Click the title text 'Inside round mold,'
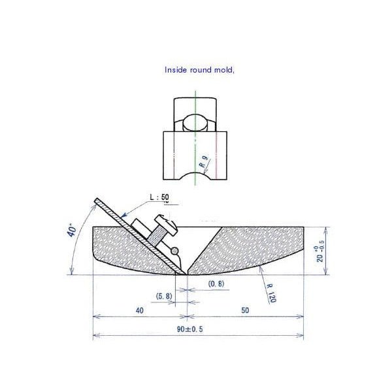pyautogui.click(x=199, y=70)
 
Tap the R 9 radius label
pyautogui.click(x=203, y=161)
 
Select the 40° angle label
pyautogui.click(x=72, y=231)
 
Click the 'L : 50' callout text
pyautogui.click(x=159, y=197)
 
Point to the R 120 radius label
pyautogui.click(x=271, y=293)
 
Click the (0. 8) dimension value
pyautogui.click(x=216, y=284)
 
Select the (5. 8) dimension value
pyautogui.click(x=164, y=296)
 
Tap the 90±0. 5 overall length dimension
pyautogui.click(x=190, y=329)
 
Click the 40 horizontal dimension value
pyautogui.click(x=140, y=310)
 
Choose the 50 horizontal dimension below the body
pyautogui.click(x=245, y=310)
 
